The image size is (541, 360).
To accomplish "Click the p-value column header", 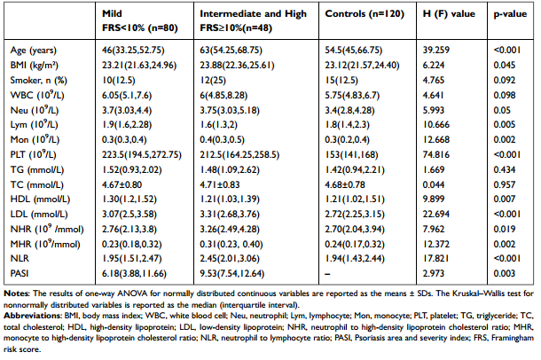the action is pyautogui.click(x=510, y=14).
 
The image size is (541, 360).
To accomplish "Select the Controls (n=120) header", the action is pyautogui.click(x=365, y=14).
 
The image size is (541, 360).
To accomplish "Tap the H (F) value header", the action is pyautogui.click(x=449, y=14).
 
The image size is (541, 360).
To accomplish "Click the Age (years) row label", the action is pyautogui.click(x=34, y=51).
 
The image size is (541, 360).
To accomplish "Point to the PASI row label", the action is pyautogui.click(x=20, y=273).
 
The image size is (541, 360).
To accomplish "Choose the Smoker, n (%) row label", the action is pyautogui.click(x=39, y=81).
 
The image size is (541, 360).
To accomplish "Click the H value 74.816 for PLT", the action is pyautogui.click(x=436, y=154).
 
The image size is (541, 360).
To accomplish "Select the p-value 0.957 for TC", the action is pyautogui.click(x=505, y=184).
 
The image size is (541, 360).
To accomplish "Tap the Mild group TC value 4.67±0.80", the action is pyautogui.click(x=122, y=184).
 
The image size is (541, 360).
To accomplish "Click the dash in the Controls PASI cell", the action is pyautogui.click(x=327, y=274).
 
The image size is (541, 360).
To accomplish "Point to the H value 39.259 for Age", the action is pyautogui.click(x=436, y=50).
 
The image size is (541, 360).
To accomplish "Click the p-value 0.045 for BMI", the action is pyautogui.click(x=505, y=66).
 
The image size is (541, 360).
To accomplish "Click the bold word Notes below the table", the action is pyautogui.click(x=16, y=293).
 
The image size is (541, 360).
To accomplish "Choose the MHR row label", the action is pyautogui.click(x=45, y=244).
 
